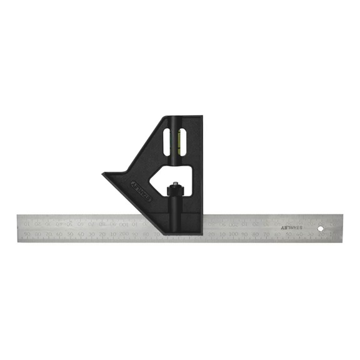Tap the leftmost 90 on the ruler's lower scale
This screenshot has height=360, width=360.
[27, 234]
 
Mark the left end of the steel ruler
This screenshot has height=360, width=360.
[18, 228]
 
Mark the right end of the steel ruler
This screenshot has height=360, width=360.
[341, 228]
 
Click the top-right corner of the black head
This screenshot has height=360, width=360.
[201, 117]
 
